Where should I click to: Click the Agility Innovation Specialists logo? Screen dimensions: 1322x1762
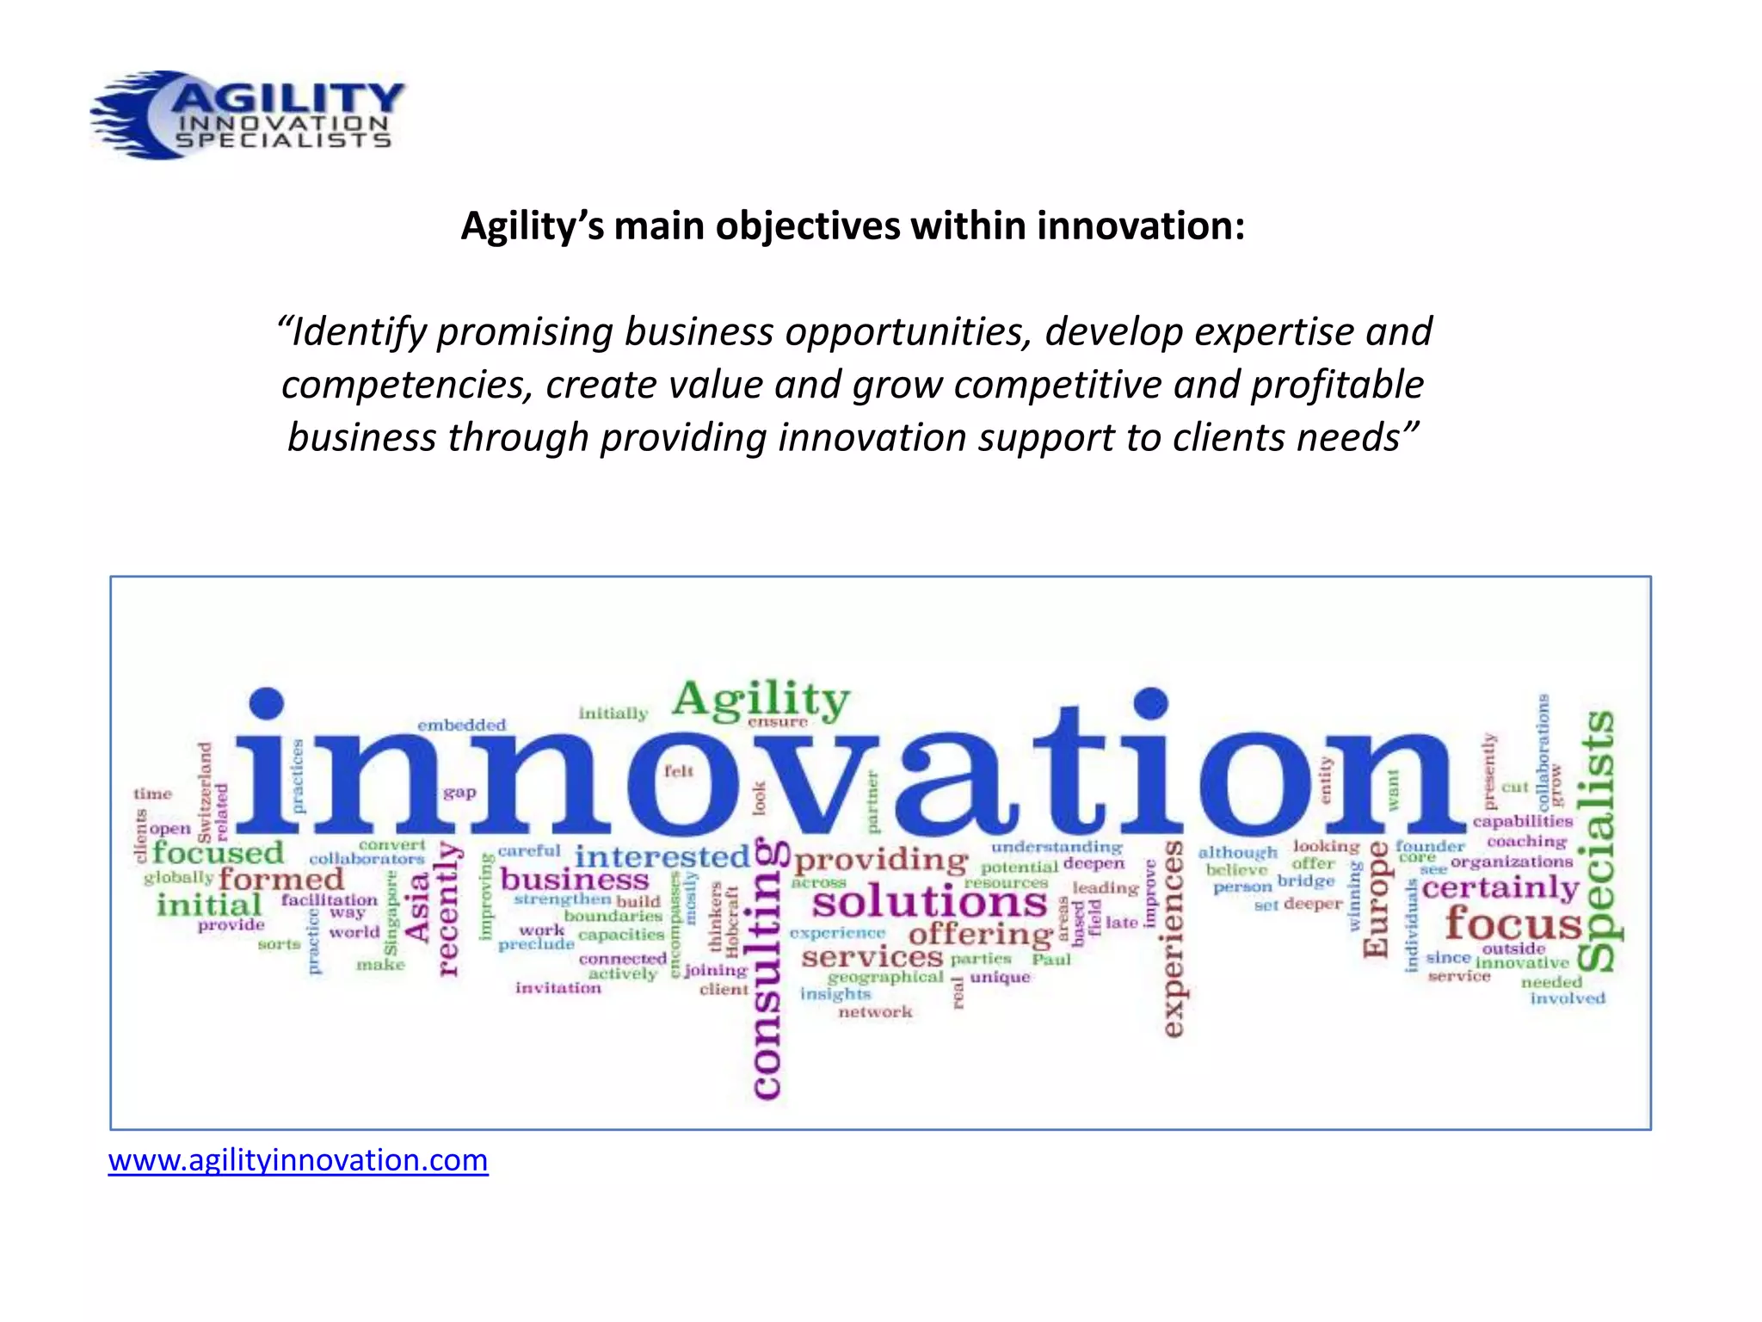click(248, 115)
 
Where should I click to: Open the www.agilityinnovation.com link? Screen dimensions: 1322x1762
click(298, 1160)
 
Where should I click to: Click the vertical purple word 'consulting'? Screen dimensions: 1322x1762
click(767, 968)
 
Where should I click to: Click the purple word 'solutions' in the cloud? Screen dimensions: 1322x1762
click(929, 902)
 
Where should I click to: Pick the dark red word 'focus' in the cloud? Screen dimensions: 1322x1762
click(1512, 923)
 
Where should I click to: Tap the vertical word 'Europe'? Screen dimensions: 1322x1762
click(1376, 899)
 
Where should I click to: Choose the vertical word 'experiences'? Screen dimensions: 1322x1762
click(1174, 938)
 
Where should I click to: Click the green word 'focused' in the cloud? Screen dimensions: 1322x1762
click(218, 853)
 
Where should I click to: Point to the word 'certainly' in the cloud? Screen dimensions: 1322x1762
click(1500, 886)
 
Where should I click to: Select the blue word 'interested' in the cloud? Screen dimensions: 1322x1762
click(662, 856)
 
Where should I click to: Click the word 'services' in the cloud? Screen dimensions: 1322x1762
click(872, 956)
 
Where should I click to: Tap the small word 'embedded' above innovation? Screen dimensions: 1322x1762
click(462, 726)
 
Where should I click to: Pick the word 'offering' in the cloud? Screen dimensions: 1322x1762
click(980, 933)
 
